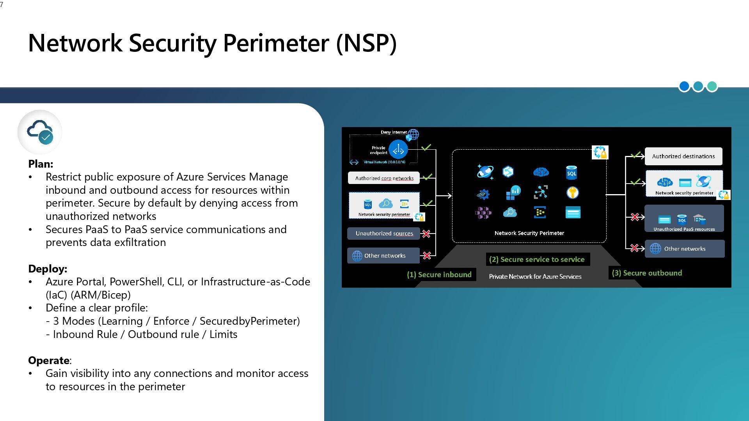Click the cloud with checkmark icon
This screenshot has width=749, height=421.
point(40,132)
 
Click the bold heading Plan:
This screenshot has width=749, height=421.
point(41,164)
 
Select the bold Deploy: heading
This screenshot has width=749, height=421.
point(48,269)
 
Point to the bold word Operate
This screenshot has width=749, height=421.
point(49,361)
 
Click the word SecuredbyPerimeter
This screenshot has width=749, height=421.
point(250,321)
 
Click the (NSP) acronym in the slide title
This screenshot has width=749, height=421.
point(366,43)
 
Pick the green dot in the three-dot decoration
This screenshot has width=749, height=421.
point(712,86)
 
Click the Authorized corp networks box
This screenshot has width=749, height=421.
point(384,178)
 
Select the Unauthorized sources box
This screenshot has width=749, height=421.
point(384,233)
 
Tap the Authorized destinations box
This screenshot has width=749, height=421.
point(683,156)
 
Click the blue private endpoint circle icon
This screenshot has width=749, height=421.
point(398,149)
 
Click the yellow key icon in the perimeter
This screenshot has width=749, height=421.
point(573,193)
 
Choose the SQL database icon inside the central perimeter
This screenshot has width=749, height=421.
point(572,173)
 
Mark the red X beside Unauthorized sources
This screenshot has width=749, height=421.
point(426,234)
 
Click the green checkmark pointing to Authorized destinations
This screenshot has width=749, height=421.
point(636,156)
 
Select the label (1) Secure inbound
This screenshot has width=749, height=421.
point(439,275)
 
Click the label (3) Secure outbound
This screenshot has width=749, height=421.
point(647,273)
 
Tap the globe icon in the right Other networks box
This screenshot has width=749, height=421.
point(655,249)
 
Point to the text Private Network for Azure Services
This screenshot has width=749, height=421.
point(535,277)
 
